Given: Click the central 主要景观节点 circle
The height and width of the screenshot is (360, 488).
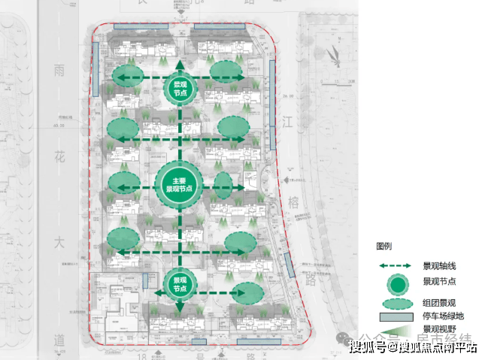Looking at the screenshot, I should click(179, 183).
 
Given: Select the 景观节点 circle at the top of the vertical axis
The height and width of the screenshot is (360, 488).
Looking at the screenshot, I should click(180, 90).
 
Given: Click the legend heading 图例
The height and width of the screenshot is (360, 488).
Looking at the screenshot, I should click(383, 247).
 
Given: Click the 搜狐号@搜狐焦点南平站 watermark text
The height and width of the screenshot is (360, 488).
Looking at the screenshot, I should click(412, 346).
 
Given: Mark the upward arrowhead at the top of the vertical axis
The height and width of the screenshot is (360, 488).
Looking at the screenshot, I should click(180, 61).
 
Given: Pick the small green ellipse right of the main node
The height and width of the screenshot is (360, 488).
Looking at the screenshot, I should click(223, 184).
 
